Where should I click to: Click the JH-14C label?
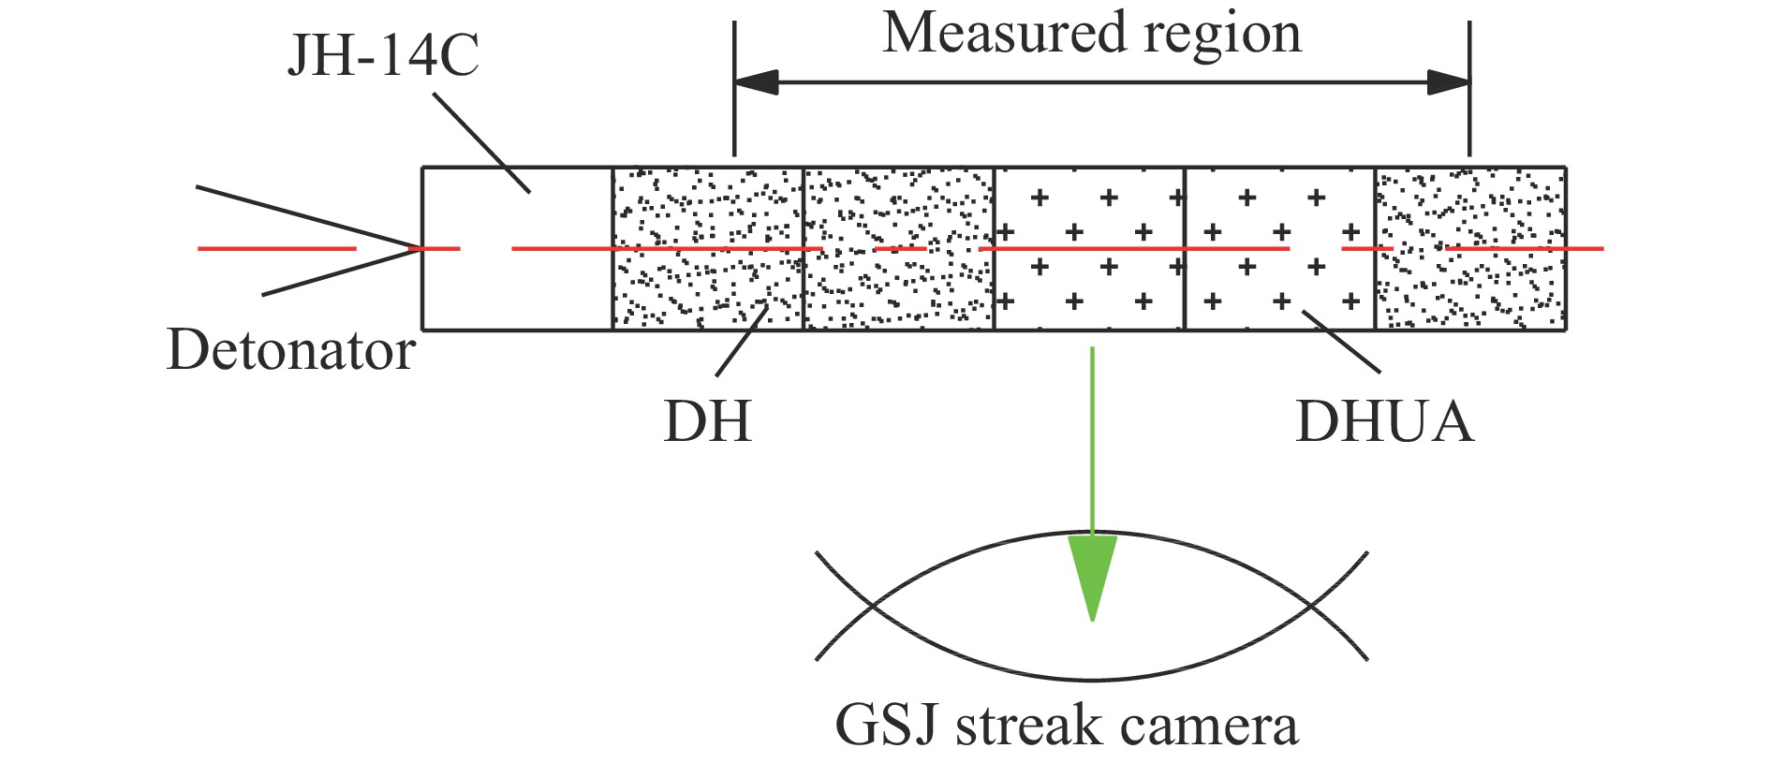[383, 57]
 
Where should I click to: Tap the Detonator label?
[290, 351]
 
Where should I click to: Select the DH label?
[707, 421]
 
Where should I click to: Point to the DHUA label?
[1383, 421]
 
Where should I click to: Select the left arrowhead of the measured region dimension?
[755, 82]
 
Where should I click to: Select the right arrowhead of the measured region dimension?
[1448, 82]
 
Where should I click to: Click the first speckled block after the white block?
[707, 248]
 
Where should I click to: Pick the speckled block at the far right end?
[1470, 248]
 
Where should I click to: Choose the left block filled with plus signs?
[1089, 248]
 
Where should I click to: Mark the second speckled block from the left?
[898, 248]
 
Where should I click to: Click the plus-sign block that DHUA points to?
[1279, 248]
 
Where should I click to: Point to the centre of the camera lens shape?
[1092, 606]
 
